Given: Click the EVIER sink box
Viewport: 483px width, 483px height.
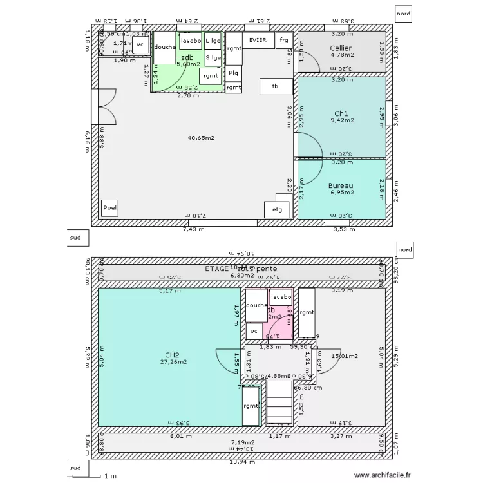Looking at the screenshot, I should (x=258, y=39).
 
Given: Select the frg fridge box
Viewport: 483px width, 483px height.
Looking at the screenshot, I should (x=283, y=40).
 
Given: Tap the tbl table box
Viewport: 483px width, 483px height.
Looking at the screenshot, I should (x=276, y=86).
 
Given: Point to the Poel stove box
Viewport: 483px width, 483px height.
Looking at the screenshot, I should (x=109, y=208).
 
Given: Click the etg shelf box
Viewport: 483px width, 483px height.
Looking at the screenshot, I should (x=277, y=209).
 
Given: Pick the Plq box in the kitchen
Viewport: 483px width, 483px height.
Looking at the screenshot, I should (x=233, y=73).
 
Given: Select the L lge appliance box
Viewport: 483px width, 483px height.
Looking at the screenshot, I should (x=213, y=41).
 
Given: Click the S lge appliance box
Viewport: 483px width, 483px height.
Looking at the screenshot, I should (x=213, y=58).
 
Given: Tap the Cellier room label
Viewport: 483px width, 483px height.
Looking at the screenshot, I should (x=341, y=48).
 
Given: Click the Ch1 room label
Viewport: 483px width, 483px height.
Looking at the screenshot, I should (x=341, y=113).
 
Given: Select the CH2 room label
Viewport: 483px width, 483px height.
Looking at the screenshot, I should (x=172, y=355).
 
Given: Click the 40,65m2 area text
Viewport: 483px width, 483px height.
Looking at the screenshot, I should (x=201, y=138).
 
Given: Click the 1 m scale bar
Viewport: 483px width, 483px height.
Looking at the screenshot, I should (x=101, y=476).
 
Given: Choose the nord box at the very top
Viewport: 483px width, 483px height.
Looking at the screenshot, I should (x=404, y=13).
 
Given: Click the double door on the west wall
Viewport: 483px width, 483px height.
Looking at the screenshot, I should (x=103, y=106).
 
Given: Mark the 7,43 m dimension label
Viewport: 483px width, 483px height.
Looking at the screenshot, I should (x=193, y=229).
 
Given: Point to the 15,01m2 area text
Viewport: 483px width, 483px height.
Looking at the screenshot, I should (x=345, y=355).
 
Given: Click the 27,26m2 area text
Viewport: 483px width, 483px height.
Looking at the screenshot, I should (x=173, y=362).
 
